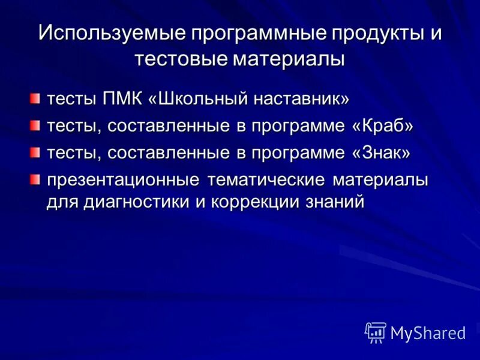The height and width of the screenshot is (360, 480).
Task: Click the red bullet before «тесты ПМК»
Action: [x=37, y=98]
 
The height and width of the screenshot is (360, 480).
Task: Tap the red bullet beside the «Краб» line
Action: [x=37, y=125]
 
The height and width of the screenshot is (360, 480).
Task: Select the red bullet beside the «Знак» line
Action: [x=37, y=152]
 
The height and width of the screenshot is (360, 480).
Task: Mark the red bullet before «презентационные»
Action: [x=37, y=179]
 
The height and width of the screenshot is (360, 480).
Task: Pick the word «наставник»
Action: [x=305, y=98]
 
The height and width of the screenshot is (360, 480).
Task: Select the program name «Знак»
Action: [x=382, y=153]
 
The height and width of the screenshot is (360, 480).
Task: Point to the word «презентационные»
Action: [x=124, y=181]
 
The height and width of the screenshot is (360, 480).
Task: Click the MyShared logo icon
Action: [x=376, y=332]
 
